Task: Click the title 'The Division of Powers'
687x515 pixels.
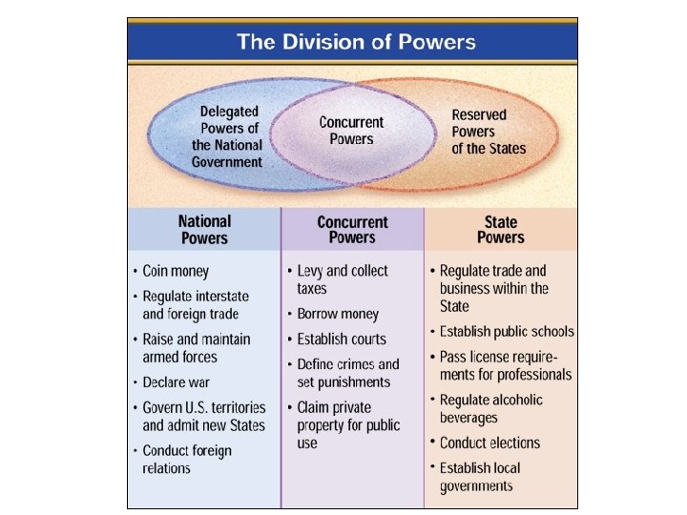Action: (356, 41)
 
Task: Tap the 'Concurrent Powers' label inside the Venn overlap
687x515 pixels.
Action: (351, 131)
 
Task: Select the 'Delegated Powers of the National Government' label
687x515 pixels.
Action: (227, 137)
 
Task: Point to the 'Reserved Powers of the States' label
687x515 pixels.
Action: (488, 131)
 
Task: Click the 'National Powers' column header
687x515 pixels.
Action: (205, 230)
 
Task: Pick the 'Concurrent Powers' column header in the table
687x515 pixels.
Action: (352, 230)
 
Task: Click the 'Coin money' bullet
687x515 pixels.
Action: (176, 271)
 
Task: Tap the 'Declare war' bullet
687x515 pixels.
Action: (176, 382)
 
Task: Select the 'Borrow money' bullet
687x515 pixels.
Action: (338, 314)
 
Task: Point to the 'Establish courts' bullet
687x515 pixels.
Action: (342, 339)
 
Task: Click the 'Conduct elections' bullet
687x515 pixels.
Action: (489, 443)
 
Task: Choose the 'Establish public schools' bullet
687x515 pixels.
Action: (507, 332)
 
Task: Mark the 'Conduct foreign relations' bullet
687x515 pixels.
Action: (187, 459)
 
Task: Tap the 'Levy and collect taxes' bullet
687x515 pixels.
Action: (342, 279)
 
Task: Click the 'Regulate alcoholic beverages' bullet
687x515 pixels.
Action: (490, 408)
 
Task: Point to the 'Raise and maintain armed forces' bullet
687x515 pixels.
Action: (196, 348)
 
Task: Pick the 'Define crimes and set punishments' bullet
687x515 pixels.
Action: (347, 373)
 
